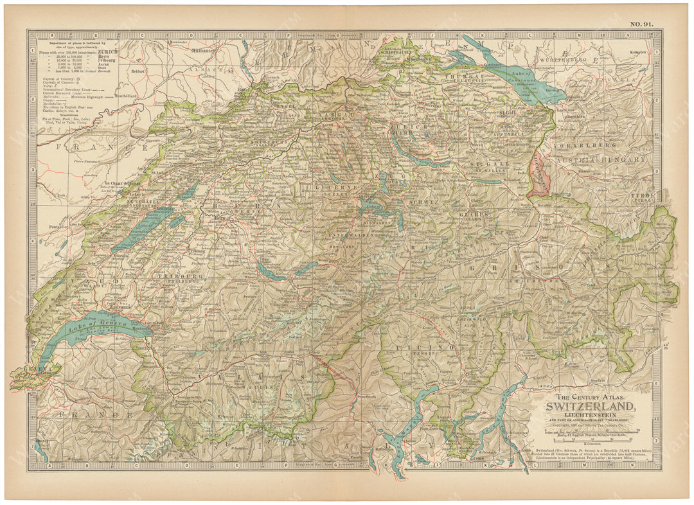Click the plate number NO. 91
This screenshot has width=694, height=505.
[640, 24]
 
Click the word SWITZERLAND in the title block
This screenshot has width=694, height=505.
[592, 406]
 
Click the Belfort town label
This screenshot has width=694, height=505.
[138, 73]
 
